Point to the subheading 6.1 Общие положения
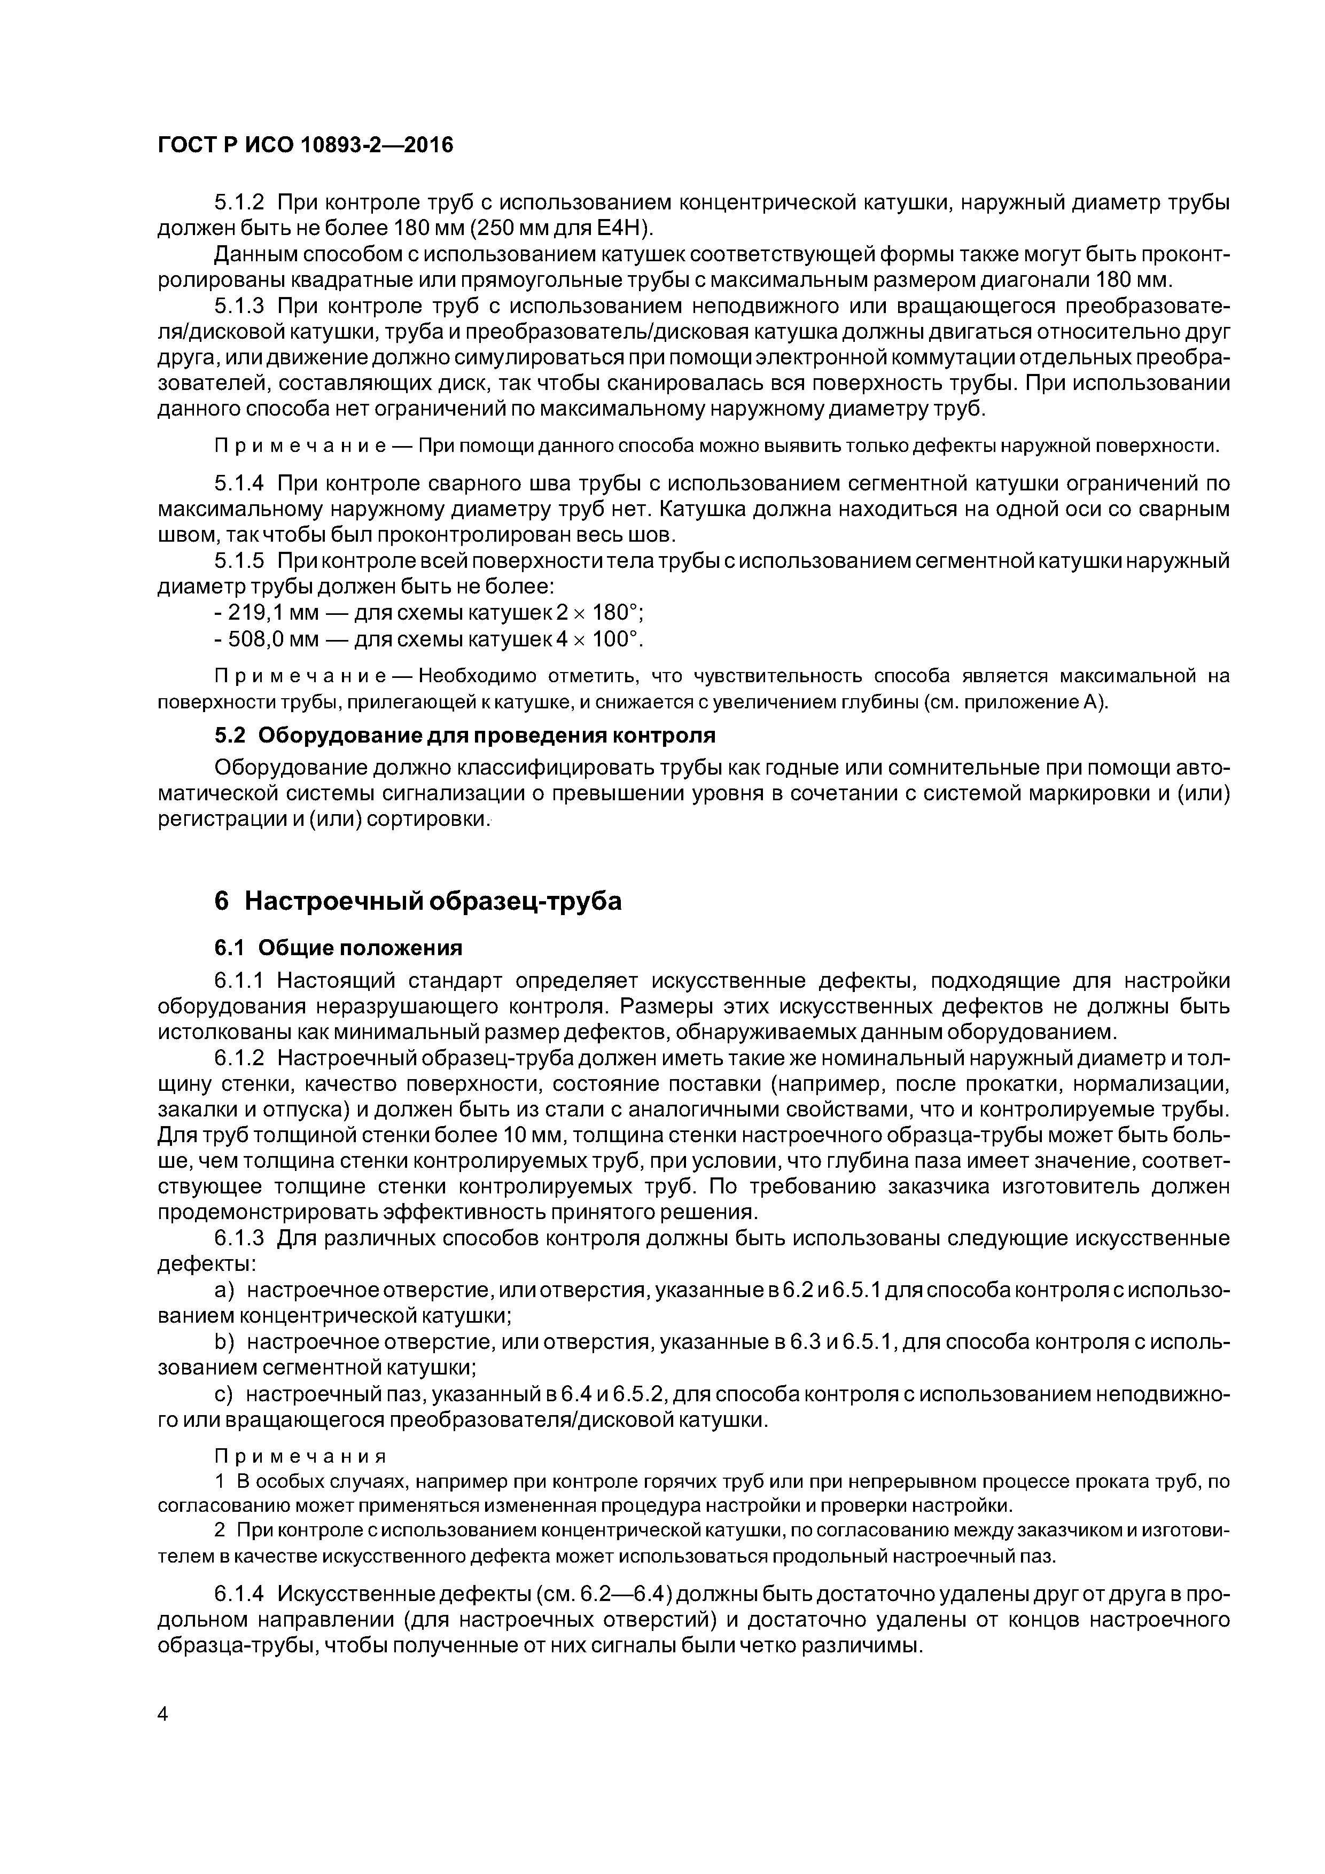[338, 948]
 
